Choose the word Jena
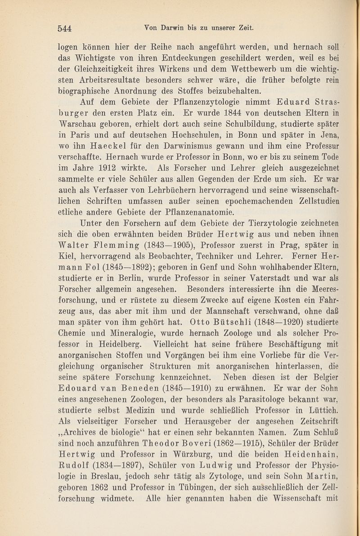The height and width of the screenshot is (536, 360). tap(332, 135)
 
